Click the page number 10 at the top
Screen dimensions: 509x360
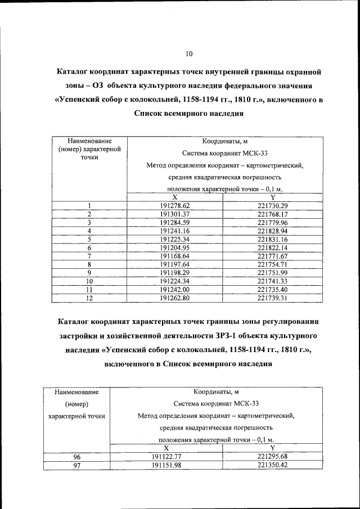coord(188,54)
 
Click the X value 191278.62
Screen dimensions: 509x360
coord(175,206)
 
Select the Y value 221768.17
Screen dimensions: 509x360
coord(273,214)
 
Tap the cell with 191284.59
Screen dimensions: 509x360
coord(175,223)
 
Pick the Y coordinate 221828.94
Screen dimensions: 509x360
coord(273,231)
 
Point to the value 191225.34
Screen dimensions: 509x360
coord(175,240)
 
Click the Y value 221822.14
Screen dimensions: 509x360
coord(273,248)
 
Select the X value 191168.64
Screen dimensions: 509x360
coord(175,256)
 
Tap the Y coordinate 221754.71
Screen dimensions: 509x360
coord(273,264)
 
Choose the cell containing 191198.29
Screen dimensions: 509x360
coord(175,273)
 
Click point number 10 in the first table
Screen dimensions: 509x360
coord(89,281)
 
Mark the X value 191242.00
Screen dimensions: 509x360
coord(175,290)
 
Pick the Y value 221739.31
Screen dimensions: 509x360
coord(273,298)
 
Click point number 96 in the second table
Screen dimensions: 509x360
coord(77,457)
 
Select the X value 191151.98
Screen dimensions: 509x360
coord(167,465)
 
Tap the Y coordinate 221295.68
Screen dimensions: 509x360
coord(272,457)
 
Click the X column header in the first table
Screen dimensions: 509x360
coord(175,197)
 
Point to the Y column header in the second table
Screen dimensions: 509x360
coord(272,448)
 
